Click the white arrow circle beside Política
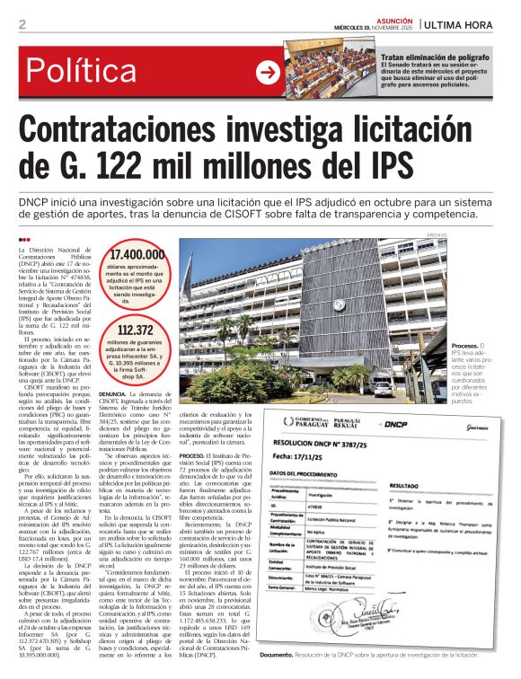click(268, 72)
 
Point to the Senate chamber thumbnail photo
click(330, 67)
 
